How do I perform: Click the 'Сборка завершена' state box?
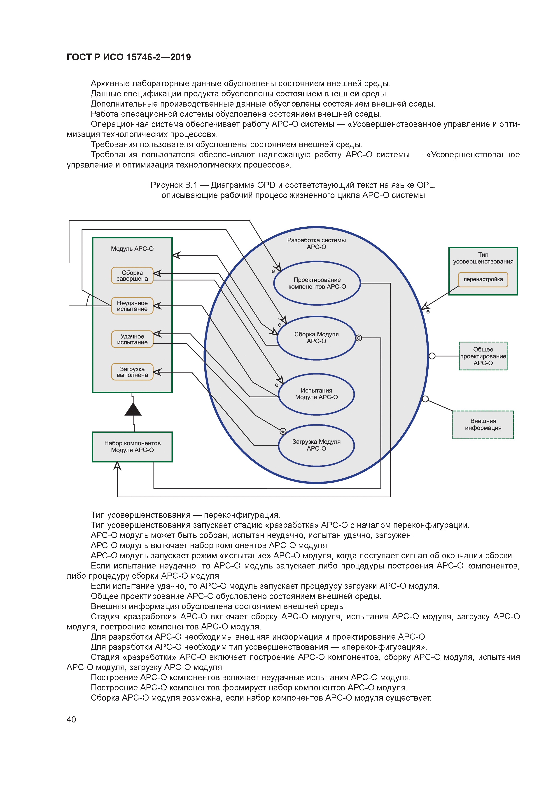pyautogui.click(x=132, y=276)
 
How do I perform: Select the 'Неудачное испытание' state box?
pyautogui.click(x=132, y=306)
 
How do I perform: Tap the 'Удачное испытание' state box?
pyautogui.click(x=132, y=339)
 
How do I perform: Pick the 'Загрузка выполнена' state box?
pyautogui.click(x=132, y=372)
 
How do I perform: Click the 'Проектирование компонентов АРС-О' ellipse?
pyautogui.click(x=317, y=283)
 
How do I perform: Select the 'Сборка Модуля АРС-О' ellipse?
pyautogui.click(x=316, y=338)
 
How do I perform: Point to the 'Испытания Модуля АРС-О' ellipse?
pyautogui.click(x=316, y=394)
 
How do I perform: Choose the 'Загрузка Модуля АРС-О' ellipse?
pyautogui.click(x=316, y=445)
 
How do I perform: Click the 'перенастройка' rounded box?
pyautogui.click(x=483, y=280)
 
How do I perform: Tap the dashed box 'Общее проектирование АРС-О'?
pyautogui.click(x=483, y=356)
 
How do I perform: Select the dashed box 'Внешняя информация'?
pyautogui.click(x=483, y=425)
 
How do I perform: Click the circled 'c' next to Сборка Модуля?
pyautogui.click(x=359, y=338)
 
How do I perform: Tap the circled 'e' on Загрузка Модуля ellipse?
pyautogui.click(x=283, y=431)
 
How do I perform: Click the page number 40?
pyautogui.click(x=71, y=719)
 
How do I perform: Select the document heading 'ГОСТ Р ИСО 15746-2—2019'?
pyautogui.click(x=129, y=57)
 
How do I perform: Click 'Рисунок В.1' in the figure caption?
pyautogui.click(x=174, y=185)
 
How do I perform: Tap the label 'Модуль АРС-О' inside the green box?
pyautogui.click(x=132, y=249)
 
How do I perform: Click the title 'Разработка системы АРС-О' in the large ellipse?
pyautogui.click(x=316, y=244)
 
